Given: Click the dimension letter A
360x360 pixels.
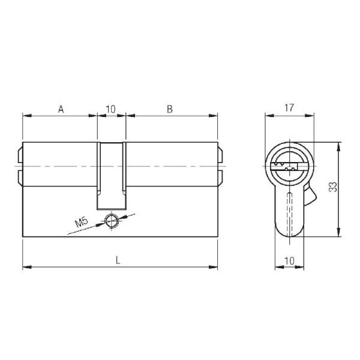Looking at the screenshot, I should (x=61, y=109).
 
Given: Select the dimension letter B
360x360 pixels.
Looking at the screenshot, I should (x=170, y=109).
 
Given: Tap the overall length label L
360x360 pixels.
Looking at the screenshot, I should (x=118, y=260).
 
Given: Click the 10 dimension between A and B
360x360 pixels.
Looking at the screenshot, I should (x=110, y=109).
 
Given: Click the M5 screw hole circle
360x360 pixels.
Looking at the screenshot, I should (x=111, y=220).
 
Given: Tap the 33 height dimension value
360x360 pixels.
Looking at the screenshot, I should (x=334, y=188).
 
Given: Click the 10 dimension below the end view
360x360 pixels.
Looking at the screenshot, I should (x=289, y=260).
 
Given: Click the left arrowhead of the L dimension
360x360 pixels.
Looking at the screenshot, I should (x=25, y=267).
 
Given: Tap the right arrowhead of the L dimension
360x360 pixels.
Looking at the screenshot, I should (x=214, y=267).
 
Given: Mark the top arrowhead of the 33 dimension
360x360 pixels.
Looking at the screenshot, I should (x=340, y=145).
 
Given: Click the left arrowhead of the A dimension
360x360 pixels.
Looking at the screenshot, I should (x=25, y=116).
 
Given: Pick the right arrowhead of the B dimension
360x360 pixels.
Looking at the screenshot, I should (x=214, y=116).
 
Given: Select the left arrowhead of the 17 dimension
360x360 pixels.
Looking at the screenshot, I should (x=268, y=116).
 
